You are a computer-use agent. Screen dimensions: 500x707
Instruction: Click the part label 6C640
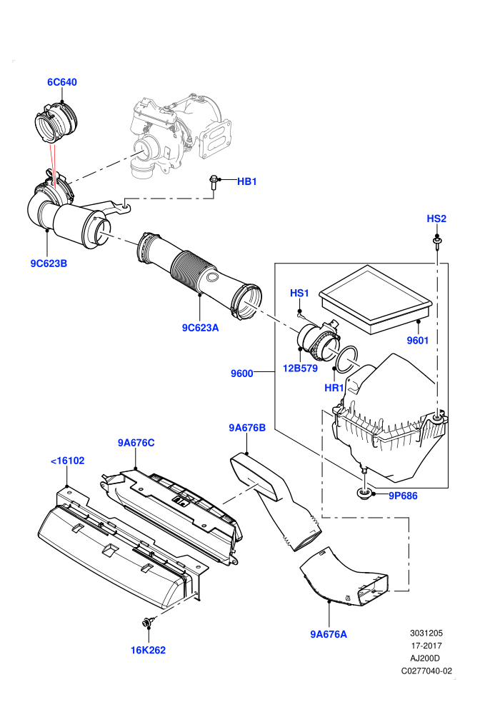point(62,82)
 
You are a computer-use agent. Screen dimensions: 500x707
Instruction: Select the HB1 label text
point(247,181)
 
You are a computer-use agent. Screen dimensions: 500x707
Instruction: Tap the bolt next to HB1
point(214,183)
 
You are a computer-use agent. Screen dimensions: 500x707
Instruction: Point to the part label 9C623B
point(49,264)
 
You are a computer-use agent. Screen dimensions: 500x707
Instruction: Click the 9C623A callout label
point(200,328)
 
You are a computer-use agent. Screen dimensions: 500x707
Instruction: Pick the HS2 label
point(436,219)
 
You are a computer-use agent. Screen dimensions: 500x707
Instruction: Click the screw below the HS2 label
point(437,243)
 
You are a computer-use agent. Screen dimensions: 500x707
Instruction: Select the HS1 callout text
point(299,293)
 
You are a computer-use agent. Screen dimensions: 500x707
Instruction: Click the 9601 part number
point(418,341)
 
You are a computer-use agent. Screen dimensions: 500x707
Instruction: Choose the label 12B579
point(300,368)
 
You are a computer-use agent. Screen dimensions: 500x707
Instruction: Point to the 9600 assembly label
point(241,373)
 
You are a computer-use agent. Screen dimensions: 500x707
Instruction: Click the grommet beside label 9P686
point(364,493)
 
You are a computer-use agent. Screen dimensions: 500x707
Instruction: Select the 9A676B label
point(247,428)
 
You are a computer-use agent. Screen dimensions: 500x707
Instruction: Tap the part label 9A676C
point(136,443)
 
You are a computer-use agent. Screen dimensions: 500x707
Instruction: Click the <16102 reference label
point(68,461)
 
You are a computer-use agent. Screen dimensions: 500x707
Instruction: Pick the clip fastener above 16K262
point(147,622)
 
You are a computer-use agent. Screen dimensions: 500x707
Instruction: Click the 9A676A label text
point(329,634)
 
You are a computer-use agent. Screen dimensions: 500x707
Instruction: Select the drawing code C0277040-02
point(426,671)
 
